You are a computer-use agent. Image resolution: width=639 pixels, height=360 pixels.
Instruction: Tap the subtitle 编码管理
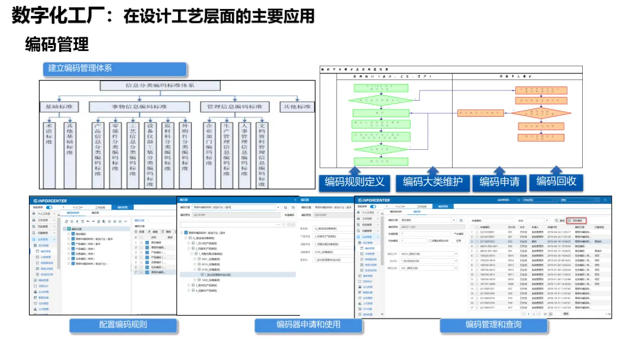57,44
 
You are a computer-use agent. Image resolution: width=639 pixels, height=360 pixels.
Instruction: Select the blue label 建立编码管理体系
114,69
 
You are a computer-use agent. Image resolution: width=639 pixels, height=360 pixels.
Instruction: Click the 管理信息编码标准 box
234,107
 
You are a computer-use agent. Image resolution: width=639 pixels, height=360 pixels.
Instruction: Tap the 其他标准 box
296,107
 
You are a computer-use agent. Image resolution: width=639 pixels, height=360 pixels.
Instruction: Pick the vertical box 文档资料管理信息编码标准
263,154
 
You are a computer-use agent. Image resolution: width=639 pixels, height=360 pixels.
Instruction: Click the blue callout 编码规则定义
354,182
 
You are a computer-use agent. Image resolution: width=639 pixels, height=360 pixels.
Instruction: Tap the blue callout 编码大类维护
433,182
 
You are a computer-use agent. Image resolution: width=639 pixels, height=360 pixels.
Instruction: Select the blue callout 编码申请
499,182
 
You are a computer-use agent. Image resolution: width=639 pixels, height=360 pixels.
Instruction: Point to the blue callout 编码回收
556,181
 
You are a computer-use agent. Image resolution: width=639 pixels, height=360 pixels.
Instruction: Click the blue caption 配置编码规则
123,325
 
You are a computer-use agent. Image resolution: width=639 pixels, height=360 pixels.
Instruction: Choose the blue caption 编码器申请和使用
308,325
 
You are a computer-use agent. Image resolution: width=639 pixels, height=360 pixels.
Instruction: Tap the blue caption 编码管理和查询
493,325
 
